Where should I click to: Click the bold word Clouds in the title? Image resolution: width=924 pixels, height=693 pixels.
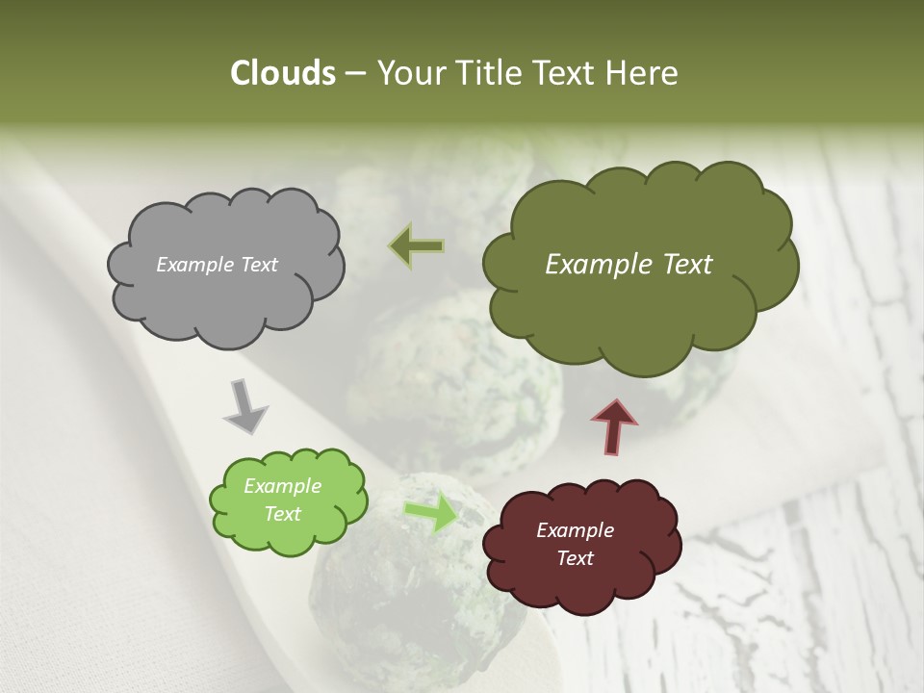pyautogui.click(x=283, y=73)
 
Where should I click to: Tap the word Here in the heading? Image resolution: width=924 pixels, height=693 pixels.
pyautogui.click(x=643, y=73)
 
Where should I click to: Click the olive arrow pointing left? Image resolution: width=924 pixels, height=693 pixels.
pyautogui.click(x=417, y=246)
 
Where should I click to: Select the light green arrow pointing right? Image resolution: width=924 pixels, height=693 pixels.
pyautogui.click(x=430, y=513)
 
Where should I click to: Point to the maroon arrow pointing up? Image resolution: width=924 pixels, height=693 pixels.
pyautogui.click(x=614, y=424)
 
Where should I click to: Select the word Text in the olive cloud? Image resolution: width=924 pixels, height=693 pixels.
pyautogui.click(x=683, y=265)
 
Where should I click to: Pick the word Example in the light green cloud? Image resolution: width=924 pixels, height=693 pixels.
pyautogui.click(x=283, y=486)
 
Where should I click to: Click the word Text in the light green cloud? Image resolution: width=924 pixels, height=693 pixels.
pyautogui.click(x=283, y=514)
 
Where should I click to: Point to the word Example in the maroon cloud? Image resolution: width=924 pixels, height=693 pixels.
pyautogui.click(x=575, y=530)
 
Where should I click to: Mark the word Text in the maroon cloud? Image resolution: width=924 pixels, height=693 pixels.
pyautogui.click(x=575, y=558)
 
